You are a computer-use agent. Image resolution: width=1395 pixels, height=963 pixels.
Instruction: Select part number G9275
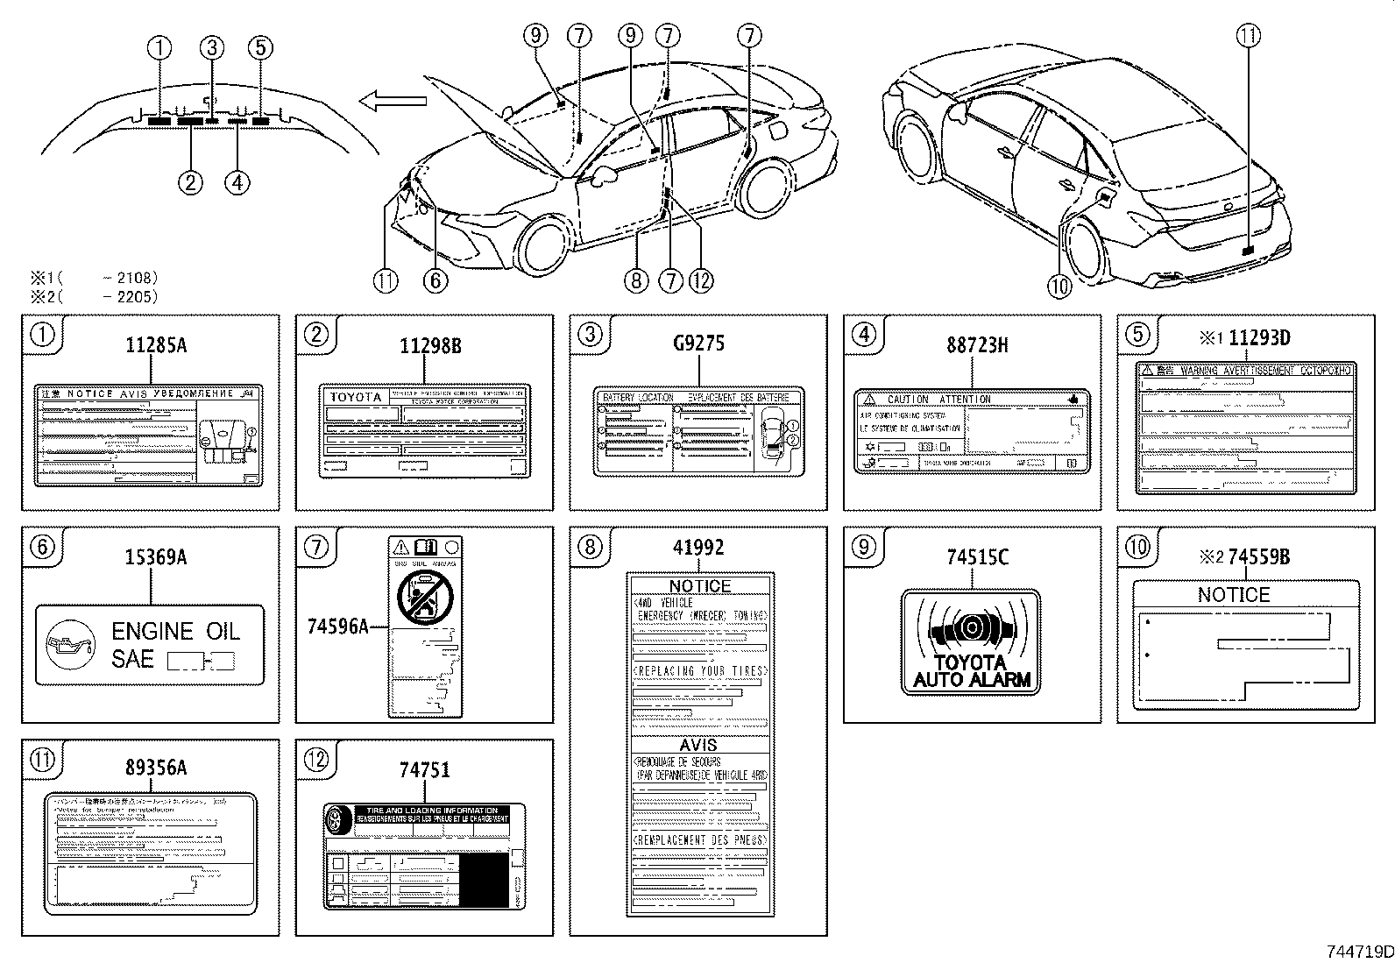[x=698, y=343]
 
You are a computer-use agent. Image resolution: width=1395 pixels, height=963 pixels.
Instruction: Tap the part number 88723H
[x=976, y=345]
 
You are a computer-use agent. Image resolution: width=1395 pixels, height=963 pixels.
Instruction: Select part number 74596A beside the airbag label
[x=337, y=626]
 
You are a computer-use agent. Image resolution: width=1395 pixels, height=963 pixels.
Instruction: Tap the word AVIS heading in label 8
[x=698, y=745]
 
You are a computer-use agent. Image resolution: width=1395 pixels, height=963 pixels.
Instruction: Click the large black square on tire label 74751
[x=484, y=879]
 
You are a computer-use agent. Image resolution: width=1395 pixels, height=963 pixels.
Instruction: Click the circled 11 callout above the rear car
[x=1249, y=35]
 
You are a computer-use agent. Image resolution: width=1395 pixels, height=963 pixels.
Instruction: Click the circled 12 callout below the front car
[x=701, y=280]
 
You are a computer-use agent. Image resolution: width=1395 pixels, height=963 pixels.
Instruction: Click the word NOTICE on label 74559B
[x=1233, y=595]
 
